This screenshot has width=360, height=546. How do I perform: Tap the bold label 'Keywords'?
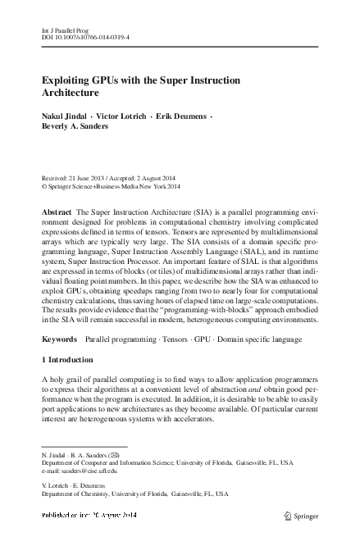[x=60, y=338]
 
